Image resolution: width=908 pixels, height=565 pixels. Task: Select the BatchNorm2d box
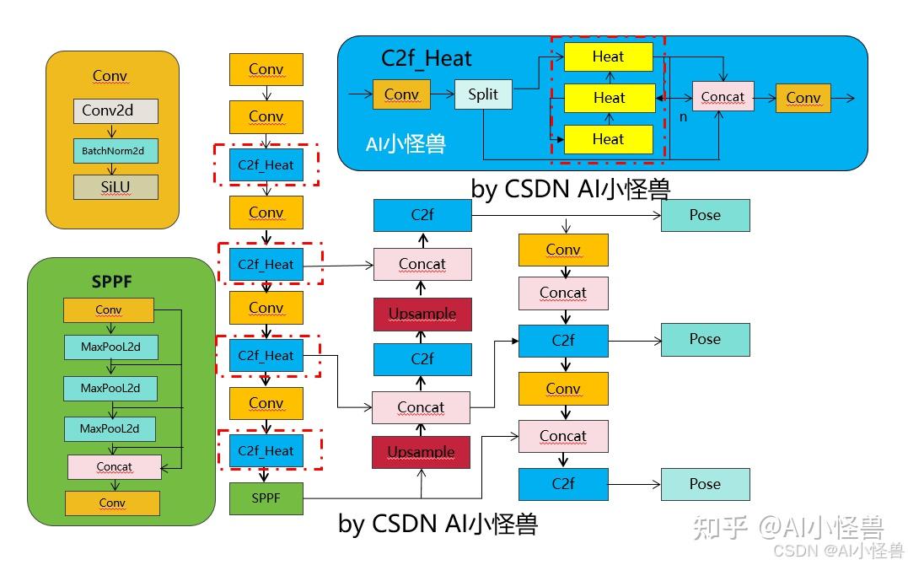tap(115, 151)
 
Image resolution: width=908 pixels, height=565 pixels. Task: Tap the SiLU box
tap(116, 186)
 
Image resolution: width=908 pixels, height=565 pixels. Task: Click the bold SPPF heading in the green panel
tap(111, 282)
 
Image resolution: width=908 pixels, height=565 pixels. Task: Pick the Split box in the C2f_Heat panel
tap(483, 94)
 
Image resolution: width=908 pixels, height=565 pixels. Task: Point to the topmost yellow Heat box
tap(608, 56)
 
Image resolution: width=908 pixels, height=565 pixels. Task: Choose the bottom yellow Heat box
tap(608, 139)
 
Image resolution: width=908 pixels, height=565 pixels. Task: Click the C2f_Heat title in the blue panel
tap(427, 58)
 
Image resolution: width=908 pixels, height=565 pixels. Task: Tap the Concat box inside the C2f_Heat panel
tap(723, 97)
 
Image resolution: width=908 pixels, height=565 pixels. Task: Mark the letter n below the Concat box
tap(683, 117)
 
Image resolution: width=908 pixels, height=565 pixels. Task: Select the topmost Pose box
tap(705, 215)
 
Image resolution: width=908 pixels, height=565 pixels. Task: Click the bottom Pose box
tap(705, 484)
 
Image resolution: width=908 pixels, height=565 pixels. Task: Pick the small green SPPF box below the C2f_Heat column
tap(266, 498)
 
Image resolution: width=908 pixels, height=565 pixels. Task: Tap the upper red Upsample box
tap(422, 314)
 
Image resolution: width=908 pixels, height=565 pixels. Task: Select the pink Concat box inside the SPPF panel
tap(114, 466)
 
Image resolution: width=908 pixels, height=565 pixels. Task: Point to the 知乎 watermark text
tap(719, 528)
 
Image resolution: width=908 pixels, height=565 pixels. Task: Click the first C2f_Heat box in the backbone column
tap(266, 165)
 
